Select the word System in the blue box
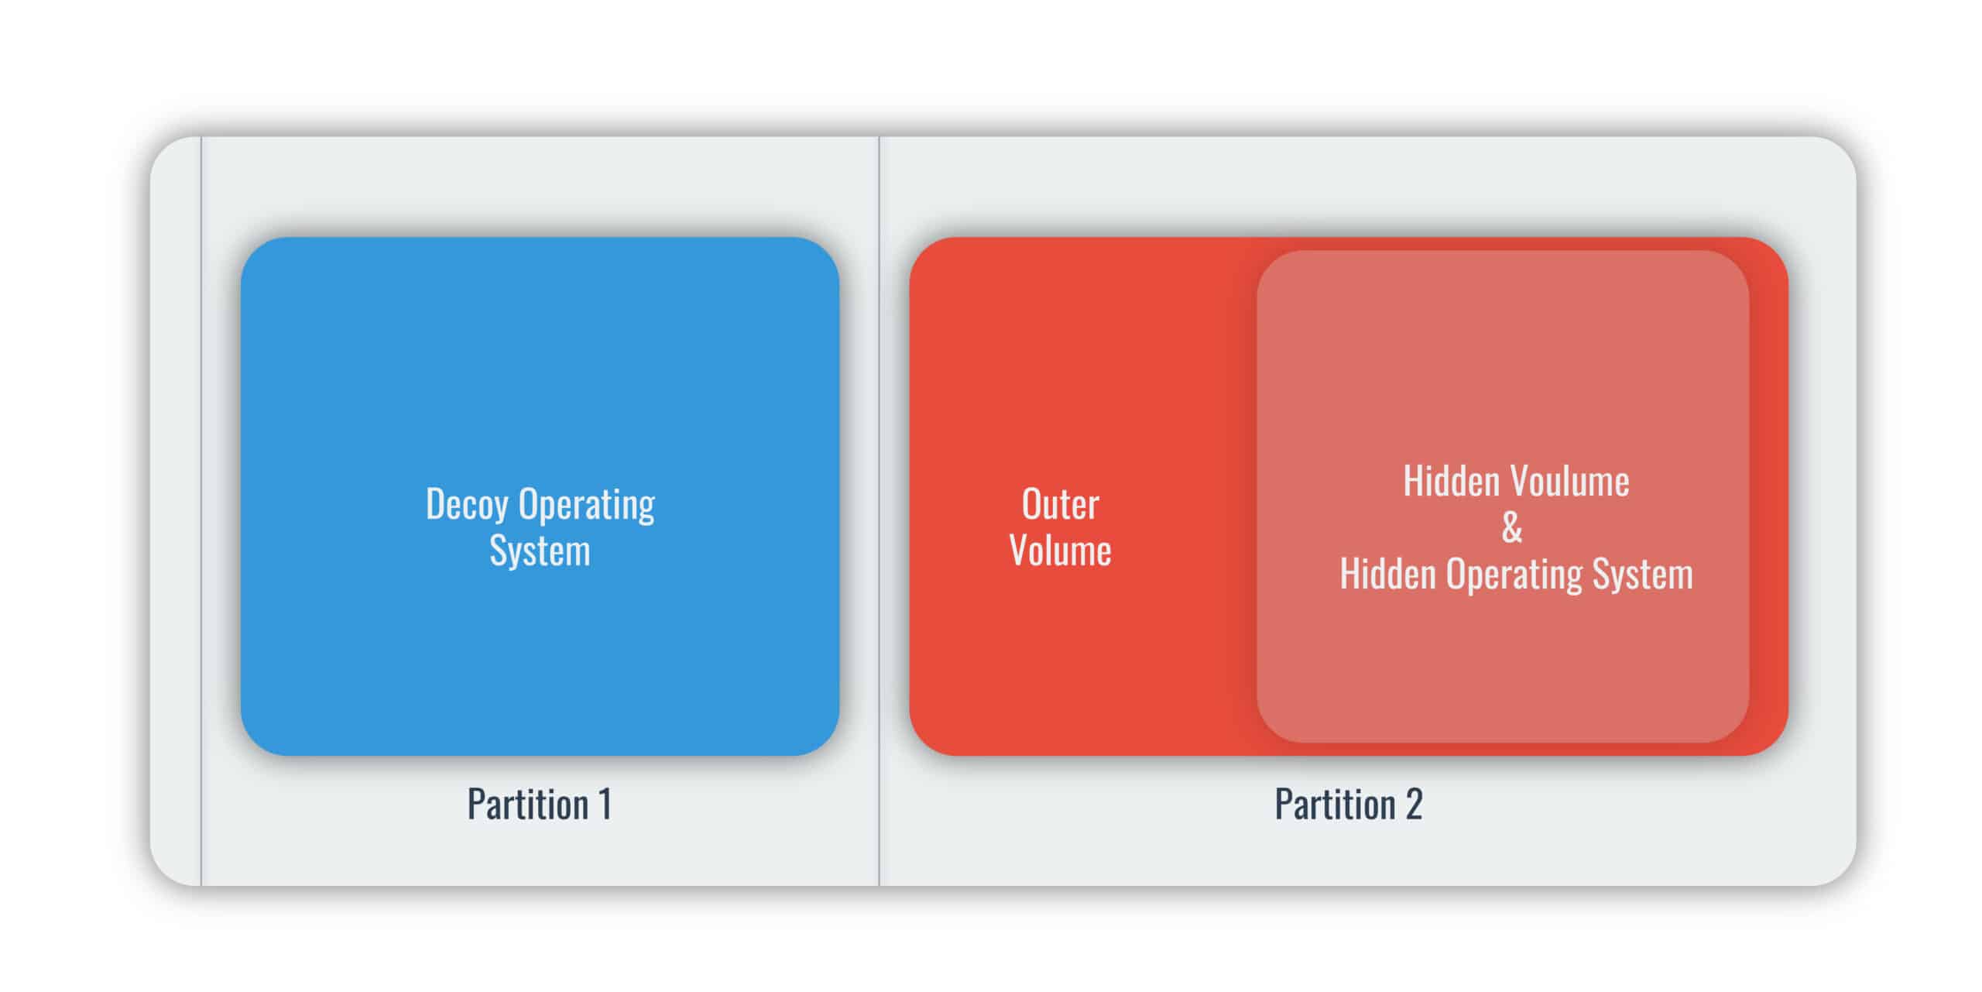(x=540, y=551)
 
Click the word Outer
(x=1060, y=505)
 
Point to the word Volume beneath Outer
(x=1060, y=551)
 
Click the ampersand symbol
(x=1512, y=528)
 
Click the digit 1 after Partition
(x=605, y=805)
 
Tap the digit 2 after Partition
(x=1414, y=805)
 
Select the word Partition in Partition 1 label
(x=528, y=805)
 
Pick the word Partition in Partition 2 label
(x=1336, y=805)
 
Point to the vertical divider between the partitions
(x=879, y=511)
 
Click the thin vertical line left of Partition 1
(x=201, y=511)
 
